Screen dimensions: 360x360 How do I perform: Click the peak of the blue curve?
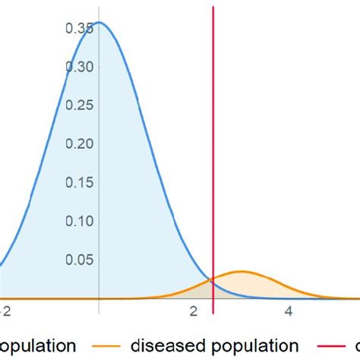tap(99, 22)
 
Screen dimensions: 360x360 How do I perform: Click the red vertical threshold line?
tap(213, 152)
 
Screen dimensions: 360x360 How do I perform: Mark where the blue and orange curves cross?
tap(212, 282)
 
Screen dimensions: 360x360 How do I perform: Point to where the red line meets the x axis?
tap(213, 298)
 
